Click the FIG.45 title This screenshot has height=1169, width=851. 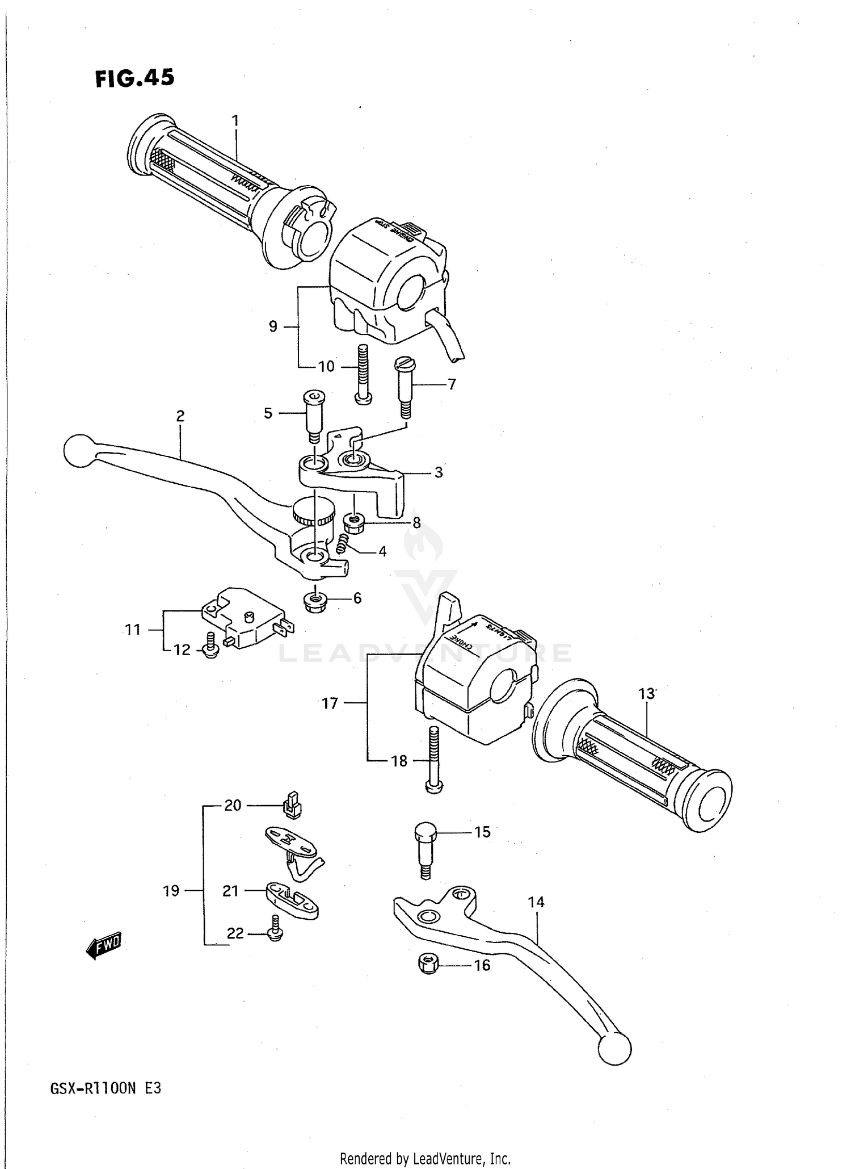[134, 78]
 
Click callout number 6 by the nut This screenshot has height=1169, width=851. [357, 598]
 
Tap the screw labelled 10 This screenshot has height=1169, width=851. [363, 375]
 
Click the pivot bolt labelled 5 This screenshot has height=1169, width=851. [313, 416]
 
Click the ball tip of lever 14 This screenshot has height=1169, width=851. [614, 1048]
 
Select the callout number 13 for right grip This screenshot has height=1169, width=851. [646, 694]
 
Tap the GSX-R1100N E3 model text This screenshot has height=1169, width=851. [106, 1088]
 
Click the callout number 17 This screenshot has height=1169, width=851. [330, 703]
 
